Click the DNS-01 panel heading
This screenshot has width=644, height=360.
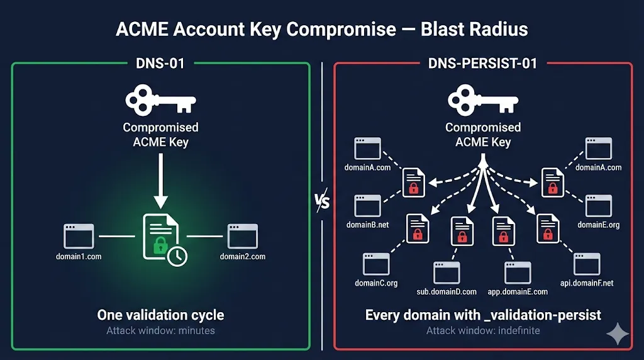(160, 63)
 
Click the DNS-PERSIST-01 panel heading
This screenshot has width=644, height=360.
(482, 63)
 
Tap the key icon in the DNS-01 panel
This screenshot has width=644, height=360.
(160, 101)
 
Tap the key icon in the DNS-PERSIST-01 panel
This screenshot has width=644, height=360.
(482, 101)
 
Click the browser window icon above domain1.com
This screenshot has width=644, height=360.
(78, 236)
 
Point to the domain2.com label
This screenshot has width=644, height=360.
(243, 257)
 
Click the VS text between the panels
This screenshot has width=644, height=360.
(322, 203)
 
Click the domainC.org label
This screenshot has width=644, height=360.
(376, 283)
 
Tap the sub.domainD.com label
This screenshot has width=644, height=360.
(447, 292)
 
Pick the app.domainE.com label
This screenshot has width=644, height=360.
(518, 292)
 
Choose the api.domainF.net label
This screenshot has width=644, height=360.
(587, 283)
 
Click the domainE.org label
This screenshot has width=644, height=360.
(599, 225)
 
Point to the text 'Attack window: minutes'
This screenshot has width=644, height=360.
(160, 330)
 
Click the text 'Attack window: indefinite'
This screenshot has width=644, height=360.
(482, 330)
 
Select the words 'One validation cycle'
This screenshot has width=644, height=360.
(160, 315)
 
